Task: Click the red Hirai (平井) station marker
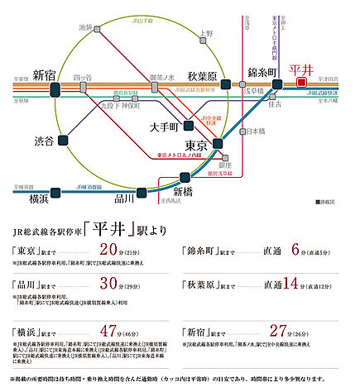301,81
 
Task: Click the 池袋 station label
84,27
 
